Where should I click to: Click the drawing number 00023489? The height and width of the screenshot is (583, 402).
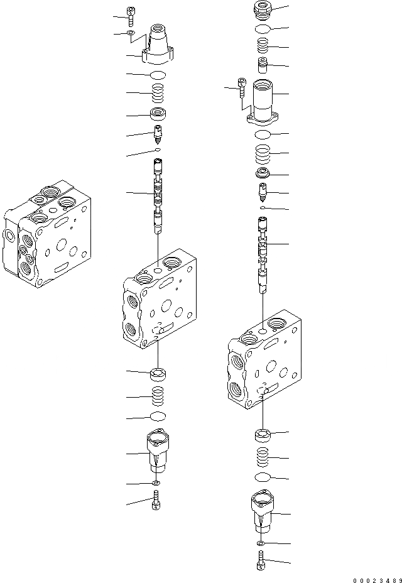point(377,580)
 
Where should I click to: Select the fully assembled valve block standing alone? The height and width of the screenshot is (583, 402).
point(47,234)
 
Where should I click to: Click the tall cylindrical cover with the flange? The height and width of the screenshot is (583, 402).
point(263,102)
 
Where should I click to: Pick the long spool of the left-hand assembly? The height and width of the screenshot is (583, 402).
point(158,196)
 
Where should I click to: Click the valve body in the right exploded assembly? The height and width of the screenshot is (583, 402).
point(264,359)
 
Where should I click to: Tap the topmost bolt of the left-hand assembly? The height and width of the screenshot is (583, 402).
point(131,16)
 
